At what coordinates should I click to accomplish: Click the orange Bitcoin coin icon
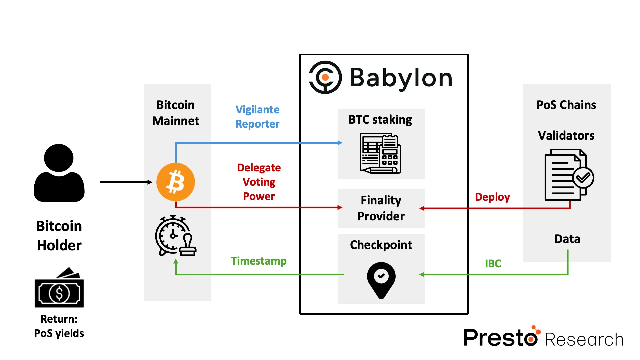[x=176, y=182]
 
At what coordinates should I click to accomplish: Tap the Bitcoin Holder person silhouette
[x=59, y=173]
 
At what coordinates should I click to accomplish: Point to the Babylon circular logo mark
[x=325, y=77]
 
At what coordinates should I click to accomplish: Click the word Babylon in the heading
[x=401, y=78]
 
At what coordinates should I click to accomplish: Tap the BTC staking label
[x=380, y=119]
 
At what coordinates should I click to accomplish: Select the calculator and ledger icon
[x=380, y=153]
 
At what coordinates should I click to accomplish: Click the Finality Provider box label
[x=381, y=208]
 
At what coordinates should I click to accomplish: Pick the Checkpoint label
[x=381, y=245]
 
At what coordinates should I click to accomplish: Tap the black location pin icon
[x=381, y=279]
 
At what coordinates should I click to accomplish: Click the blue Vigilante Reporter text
[x=257, y=117]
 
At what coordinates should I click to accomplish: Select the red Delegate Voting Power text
[x=259, y=182]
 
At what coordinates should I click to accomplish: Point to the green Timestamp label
[x=259, y=261]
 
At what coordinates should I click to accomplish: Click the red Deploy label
[x=492, y=197]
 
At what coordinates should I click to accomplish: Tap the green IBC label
[x=493, y=263]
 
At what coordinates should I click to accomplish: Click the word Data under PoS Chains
[x=567, y=239]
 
